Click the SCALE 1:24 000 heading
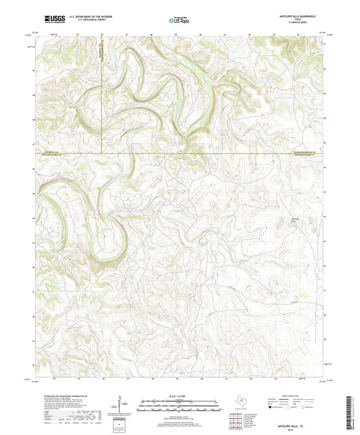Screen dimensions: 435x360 (x=180, y=396)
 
